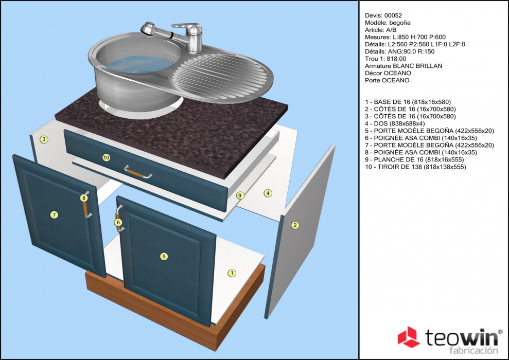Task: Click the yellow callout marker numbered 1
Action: pos(232,273)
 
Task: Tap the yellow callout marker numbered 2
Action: pos(295,225)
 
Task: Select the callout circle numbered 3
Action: pos(44,139)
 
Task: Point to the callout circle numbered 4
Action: pos(268,193)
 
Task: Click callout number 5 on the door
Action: pos(164,257)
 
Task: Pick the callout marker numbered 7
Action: pos(54,214)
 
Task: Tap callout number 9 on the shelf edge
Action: pos(240,195)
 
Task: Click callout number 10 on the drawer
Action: pos(106,157)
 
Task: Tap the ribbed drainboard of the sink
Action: pos(221,76)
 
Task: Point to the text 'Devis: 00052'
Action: pos(383,15)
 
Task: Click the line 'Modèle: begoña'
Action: pos(388,23)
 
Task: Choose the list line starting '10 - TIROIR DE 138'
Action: pos(415,167)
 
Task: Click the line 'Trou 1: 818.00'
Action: pos(385,59)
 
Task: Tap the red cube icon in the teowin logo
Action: pos(408,337)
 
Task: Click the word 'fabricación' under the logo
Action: pos(473,351)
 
